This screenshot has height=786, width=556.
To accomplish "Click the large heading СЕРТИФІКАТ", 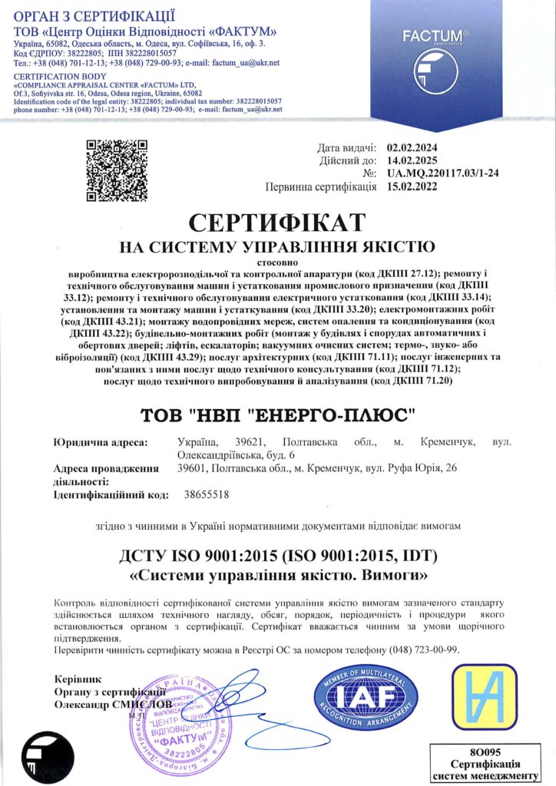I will [277, 223].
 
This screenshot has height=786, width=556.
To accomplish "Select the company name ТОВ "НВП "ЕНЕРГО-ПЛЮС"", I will [277, 415].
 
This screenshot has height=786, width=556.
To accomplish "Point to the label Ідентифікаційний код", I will [111, 495].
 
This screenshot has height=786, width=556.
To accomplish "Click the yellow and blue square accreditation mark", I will [484, 697].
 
